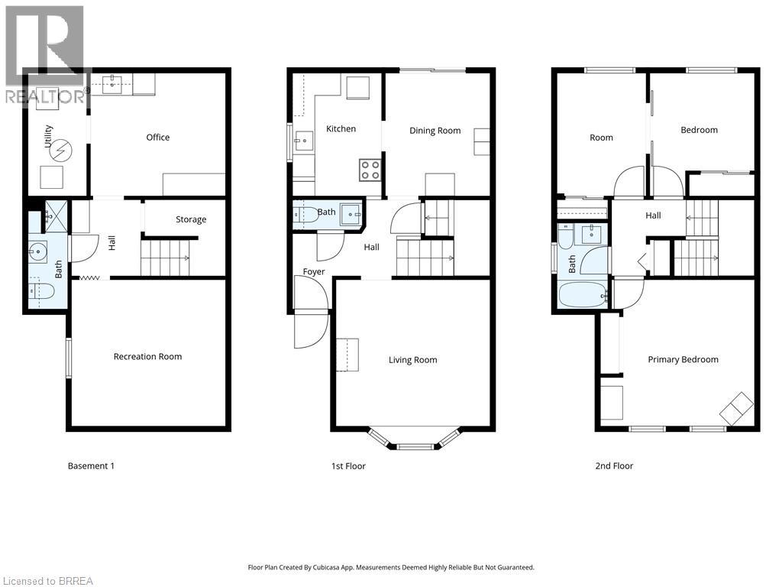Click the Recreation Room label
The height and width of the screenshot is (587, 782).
coord(147,356)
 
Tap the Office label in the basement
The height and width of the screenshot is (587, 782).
coord(157,138)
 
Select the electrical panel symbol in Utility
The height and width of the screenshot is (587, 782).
coord(62,149)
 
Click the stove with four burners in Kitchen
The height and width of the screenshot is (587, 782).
coord(370,170)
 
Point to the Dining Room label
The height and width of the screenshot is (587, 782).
coord(435,131)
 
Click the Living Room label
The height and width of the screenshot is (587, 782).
coord(413,360)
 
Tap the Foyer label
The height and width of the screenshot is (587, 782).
coord(314,271)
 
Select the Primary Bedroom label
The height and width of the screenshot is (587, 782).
coord(683,359)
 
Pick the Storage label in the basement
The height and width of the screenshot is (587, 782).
coord(190,219)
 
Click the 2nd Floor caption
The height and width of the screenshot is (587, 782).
coord(614,465)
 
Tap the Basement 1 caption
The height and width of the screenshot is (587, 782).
coord(91,465)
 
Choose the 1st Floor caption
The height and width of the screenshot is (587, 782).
coord(348,465)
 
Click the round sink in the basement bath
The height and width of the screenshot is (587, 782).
coord(37,251)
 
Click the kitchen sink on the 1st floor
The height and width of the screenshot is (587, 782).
coord(303,141)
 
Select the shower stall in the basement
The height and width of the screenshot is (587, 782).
coord(56,216)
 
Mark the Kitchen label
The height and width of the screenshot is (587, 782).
coord(341,128)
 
